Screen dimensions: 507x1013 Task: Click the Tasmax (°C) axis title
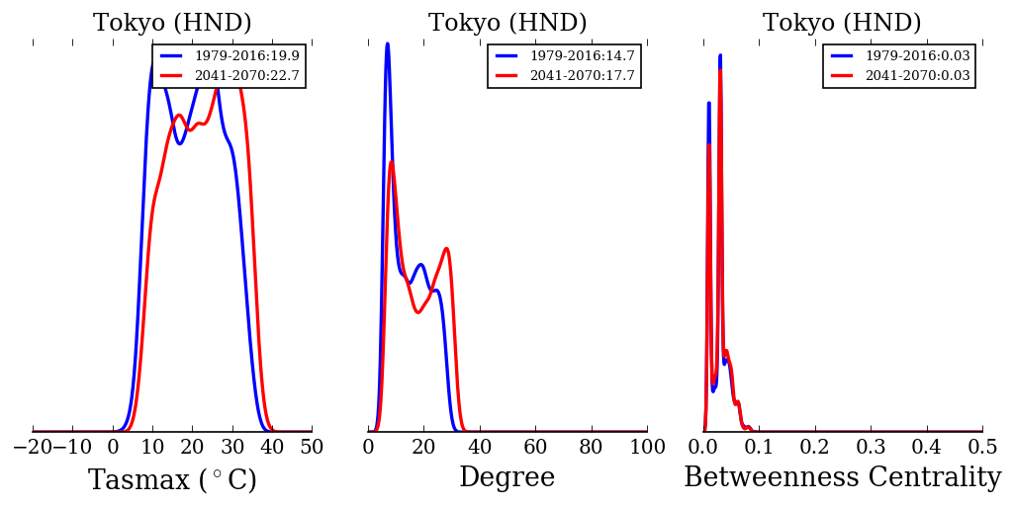(x=172, y=480)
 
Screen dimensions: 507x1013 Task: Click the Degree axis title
(x=506, y=478)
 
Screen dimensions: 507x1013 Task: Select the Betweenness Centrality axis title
(x=842, y=478)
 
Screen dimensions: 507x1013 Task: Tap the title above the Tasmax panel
(x=172, y=24)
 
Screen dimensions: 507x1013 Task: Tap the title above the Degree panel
(x=507, y=24)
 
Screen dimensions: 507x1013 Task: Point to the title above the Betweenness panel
(x=842, y=24)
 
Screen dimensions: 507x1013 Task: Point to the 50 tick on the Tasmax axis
(x=312, y=447)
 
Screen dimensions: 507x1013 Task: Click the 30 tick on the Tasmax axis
(x=232, y=447)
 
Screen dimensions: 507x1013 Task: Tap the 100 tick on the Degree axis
(x=647, y=447)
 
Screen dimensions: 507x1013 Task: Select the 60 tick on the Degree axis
(x=535, y=447)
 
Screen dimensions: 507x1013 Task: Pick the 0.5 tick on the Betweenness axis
(x=982, y=447)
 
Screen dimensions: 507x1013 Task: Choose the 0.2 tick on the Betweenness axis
(x=815, y=447)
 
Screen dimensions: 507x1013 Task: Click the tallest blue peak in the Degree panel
(x=387, y=43)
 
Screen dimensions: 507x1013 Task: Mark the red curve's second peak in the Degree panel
(x=446, y=249)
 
